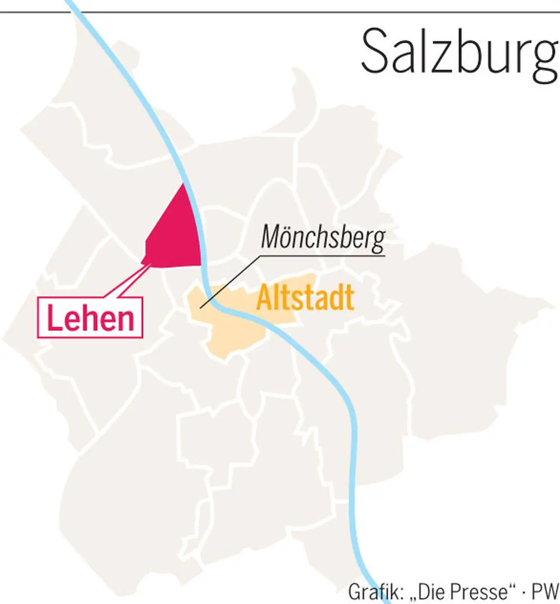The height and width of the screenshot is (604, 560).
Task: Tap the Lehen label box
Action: click(x=91, y=318)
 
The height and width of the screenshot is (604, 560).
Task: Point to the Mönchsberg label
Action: click(x=323, y=237)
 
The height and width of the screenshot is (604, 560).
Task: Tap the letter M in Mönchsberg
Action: click(x=271, y=237)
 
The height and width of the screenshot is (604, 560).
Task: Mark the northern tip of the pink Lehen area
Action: click(x=183, y=184)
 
